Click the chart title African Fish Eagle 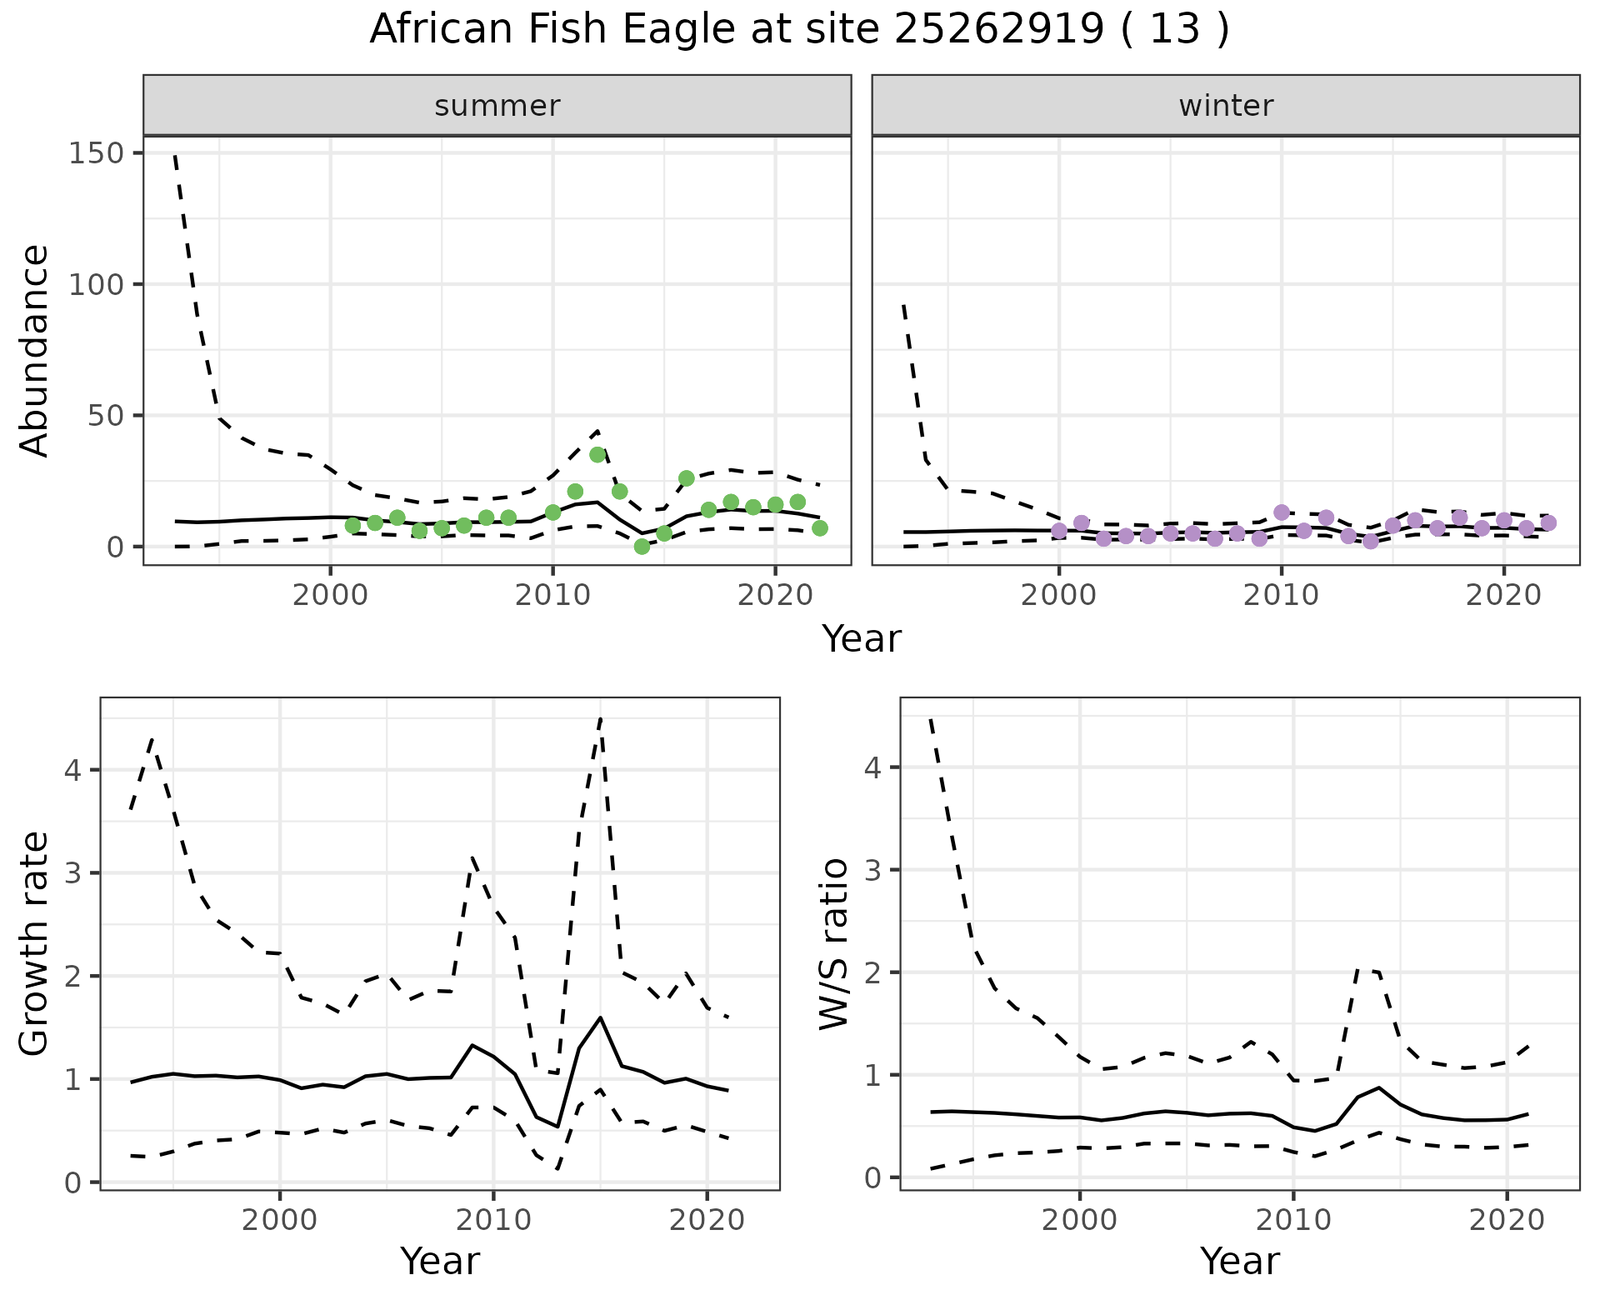(x=799, y=30)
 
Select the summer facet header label (x=497, y=106)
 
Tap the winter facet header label (x=1226, y=106)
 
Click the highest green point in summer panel (x=597, y=455)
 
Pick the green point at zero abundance (x=642, y=547)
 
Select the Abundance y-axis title (x=35, y=350)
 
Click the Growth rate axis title (x=35, y=943)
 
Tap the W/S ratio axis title (x=834, y=943)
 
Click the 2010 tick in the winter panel (x=1282, y=597)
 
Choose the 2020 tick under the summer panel (x=775, y=597)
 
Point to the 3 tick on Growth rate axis (x=73, y=873)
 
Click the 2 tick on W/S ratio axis (x=873, y=972)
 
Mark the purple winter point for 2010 (x=1282, y=512)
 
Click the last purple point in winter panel (x=1548, y=523)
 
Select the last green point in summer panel (x=820, y=528)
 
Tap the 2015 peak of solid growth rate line (x=600, y=1017)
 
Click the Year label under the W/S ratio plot (x=1239, y=1261)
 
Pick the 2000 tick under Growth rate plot (x=280, y=1221)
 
